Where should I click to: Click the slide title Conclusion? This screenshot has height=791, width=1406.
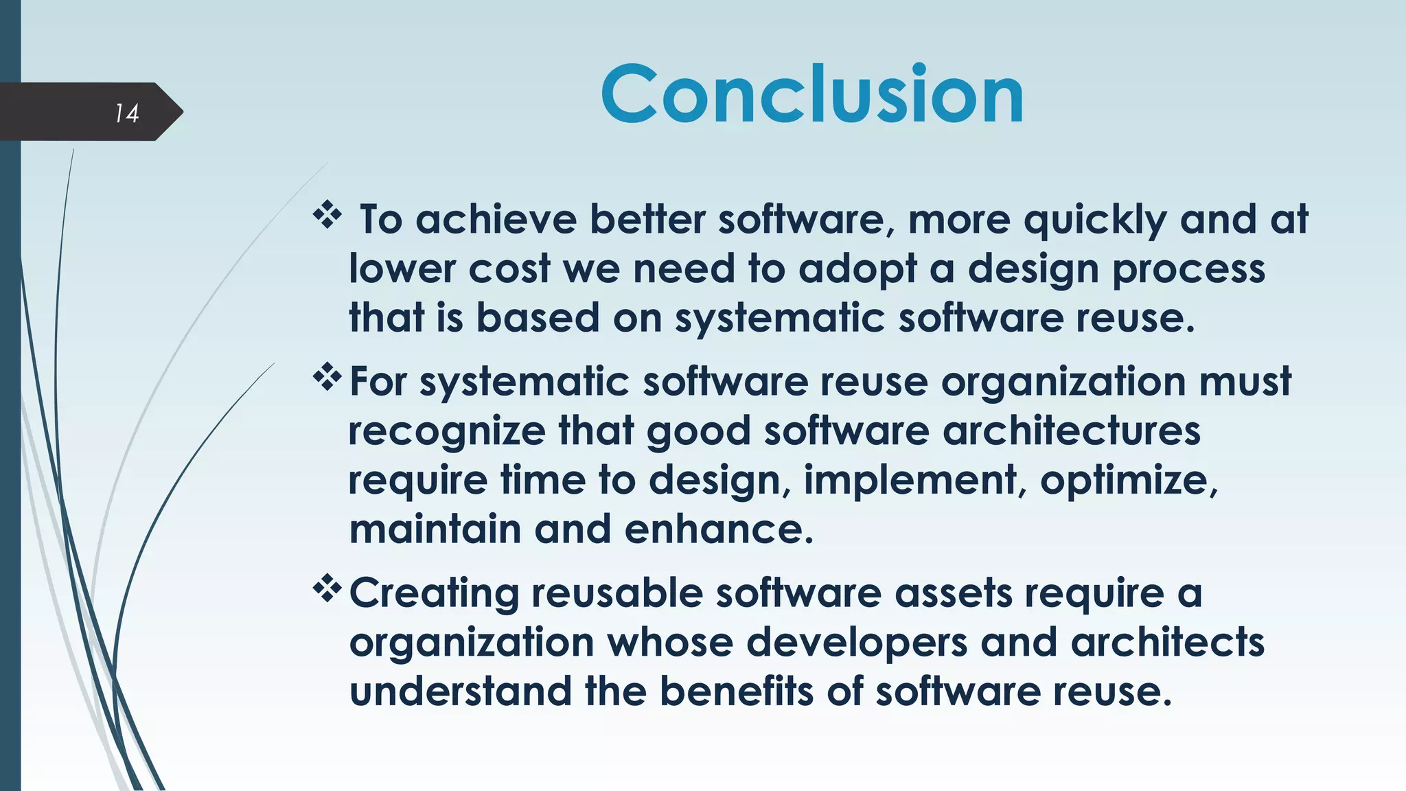point(812,94)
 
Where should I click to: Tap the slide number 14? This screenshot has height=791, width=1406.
point(127,113)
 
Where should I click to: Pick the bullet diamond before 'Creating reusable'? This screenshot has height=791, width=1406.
point(327,588)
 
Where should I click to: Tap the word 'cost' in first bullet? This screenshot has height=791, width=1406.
point(509,268)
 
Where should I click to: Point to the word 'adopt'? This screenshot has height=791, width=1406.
point(857,270)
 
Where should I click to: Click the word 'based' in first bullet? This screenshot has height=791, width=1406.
point(538,318)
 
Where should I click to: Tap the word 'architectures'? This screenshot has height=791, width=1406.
point(1071,431)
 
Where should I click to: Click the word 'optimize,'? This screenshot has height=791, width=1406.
point(1129,480)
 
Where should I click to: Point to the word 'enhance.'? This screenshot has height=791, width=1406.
point(719,529)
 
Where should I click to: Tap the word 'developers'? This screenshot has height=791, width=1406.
point(857,643)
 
